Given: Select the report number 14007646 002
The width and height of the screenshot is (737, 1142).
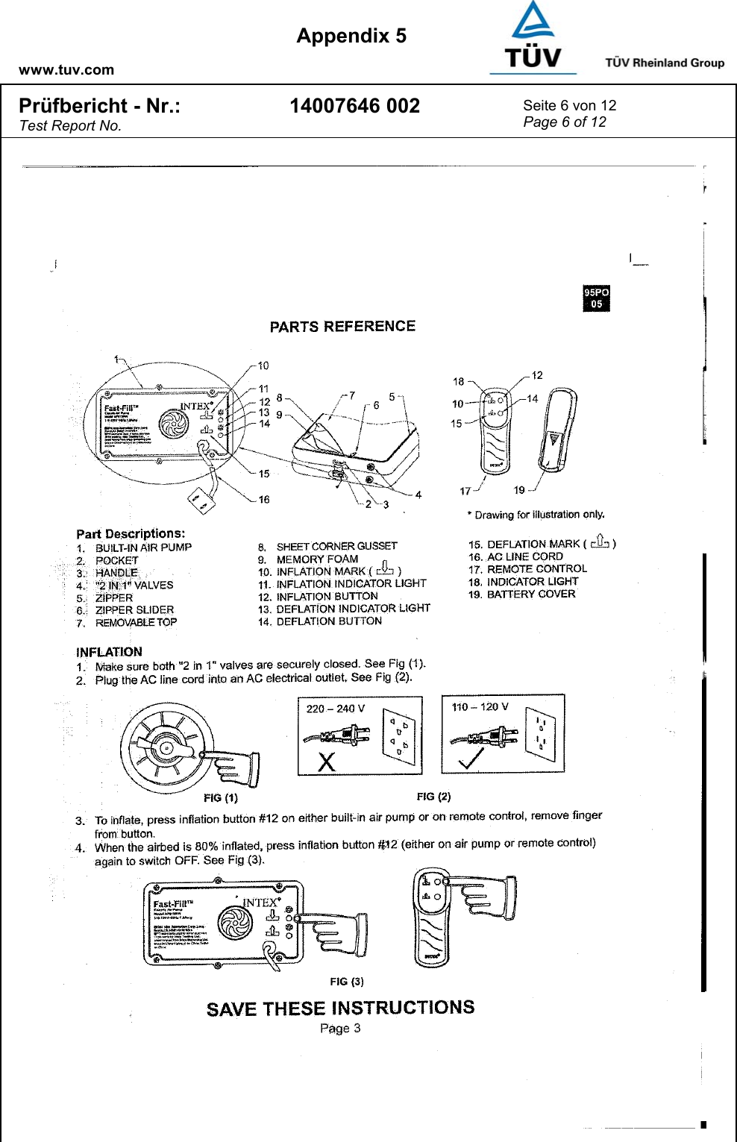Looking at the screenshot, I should coord(354,106).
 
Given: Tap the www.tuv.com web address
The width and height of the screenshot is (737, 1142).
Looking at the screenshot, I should coord(66,70).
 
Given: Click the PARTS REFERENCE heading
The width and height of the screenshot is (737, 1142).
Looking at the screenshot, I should coord(342,327).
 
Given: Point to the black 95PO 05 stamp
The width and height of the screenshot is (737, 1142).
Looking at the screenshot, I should coord(596,298).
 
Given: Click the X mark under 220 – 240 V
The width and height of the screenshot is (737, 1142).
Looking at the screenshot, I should coord(327,762).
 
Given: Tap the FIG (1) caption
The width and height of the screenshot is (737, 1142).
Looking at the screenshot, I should coord(220,797).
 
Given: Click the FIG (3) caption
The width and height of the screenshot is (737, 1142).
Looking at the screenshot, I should coord(347,982).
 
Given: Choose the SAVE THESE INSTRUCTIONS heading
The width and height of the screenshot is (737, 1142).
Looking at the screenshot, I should coord(340,1008).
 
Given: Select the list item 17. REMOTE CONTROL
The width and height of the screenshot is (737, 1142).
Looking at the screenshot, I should coord(527,569).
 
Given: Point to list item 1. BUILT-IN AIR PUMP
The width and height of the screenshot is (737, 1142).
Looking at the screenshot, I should coord(134,548).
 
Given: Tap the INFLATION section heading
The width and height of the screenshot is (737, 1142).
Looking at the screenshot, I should coord(109,652).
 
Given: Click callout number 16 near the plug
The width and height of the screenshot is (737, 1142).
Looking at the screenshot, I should coord(264,500).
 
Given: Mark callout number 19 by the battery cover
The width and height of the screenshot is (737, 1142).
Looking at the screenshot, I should coord(519,490).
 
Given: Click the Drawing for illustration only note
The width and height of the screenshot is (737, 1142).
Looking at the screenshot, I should coord(536,515).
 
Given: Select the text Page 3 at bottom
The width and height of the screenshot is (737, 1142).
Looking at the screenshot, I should coord(340,1029).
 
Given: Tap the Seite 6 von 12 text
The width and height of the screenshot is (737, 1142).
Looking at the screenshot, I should coord(569,105).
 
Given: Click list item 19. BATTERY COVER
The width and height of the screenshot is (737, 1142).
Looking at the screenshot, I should coord(522,594).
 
